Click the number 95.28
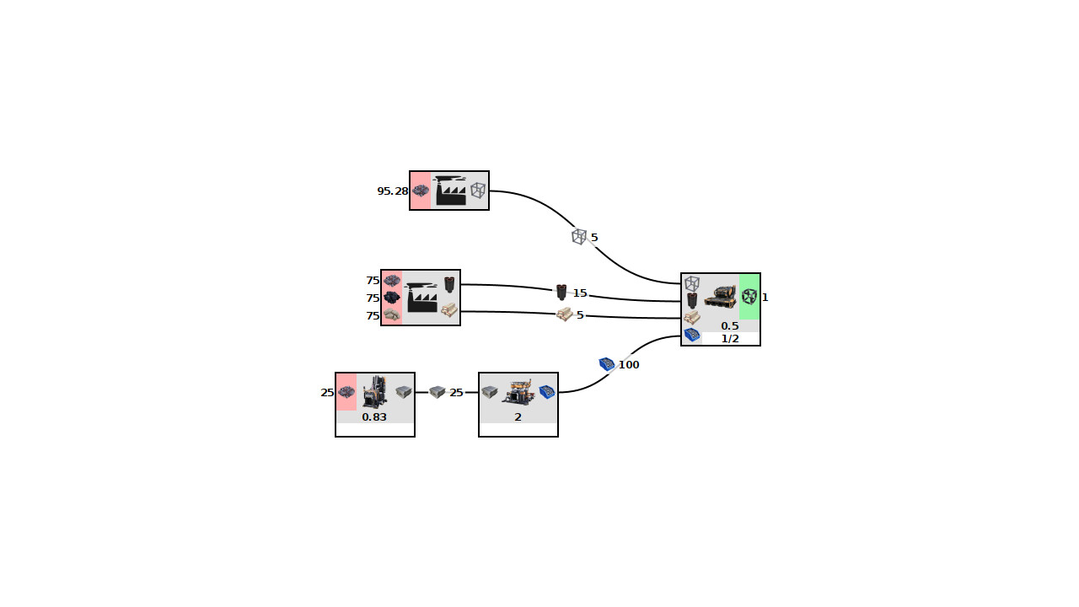tap(392, 191)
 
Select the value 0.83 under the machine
tap(374, 417)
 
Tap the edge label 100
tap(629, 365)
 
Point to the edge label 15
tap(580, 293)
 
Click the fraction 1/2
tap(730, 339)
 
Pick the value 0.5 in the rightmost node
tap(730, 326)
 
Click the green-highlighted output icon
tap(749, 297)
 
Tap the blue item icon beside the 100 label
tap(607, 364)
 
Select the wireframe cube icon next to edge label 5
tap(578, 237)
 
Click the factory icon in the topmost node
tap(450, 191)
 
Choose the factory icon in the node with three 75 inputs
tap(421, 298)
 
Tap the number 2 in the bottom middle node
tap(518, 417)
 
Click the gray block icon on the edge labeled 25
tap(437, 392)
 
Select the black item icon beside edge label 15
tap(561, 293)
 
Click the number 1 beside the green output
tap(765, 298)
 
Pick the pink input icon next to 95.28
tap(421, 191)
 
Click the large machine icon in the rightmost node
tap(720, 297)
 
